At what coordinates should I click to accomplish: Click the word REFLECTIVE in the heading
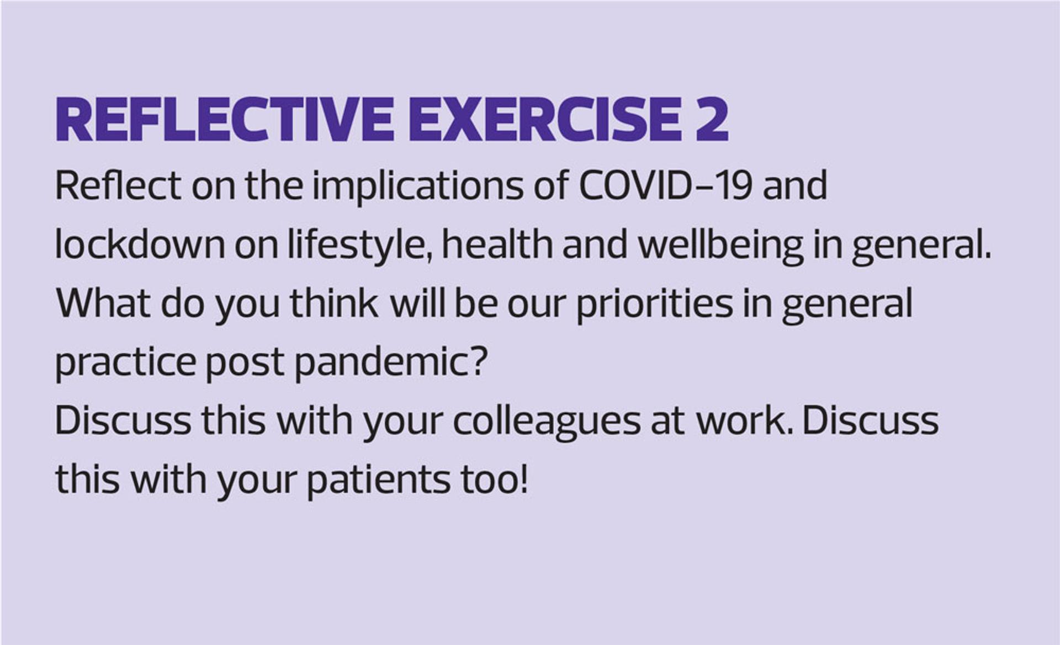click(x=224, y=120)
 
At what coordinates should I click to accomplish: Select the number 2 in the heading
click(x=712, y=120)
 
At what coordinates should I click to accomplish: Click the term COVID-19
click(x=665, y=185)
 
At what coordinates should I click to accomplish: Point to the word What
click(x=103, y=303)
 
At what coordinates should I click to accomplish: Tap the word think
click(x=334, y=303)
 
